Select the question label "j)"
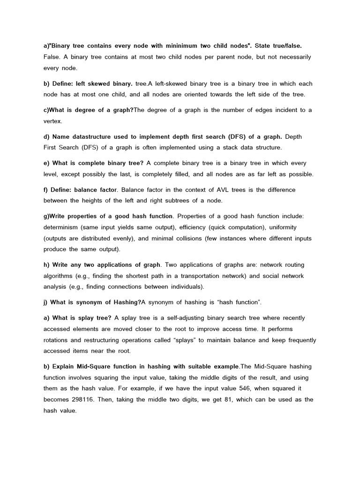click(46, 302)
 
